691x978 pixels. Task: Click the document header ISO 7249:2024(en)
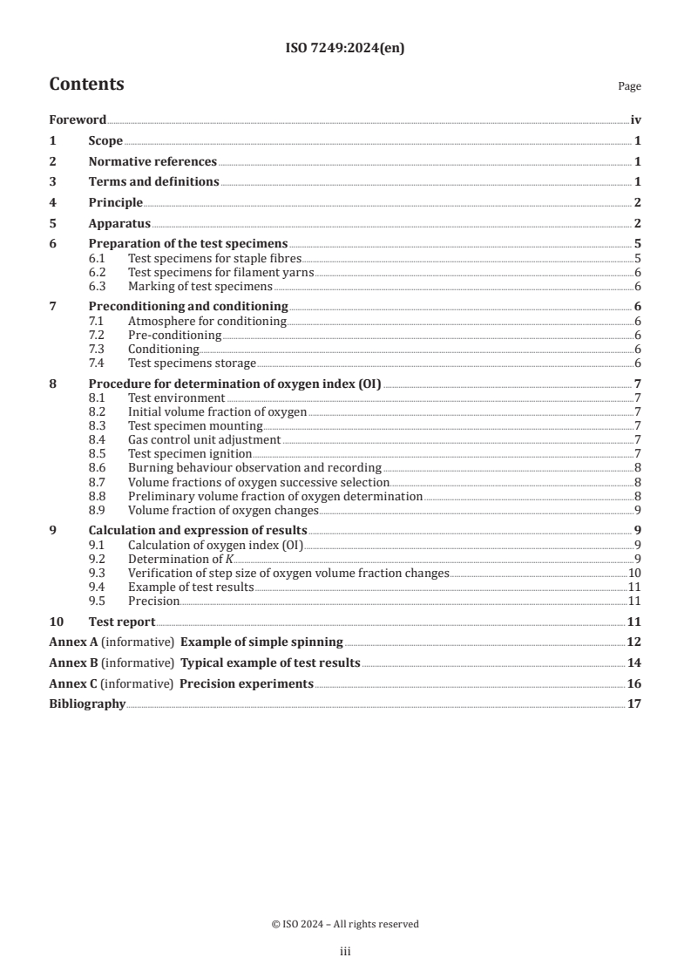(345, 49)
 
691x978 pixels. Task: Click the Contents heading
(86, 85)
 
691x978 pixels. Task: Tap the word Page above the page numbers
(629, 86)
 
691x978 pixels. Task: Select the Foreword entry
(78, 120)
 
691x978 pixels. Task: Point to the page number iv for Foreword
(636, 120)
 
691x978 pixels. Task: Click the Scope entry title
(105, 141)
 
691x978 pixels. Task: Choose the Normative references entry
(152, 161)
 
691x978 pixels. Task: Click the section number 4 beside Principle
(53, 202)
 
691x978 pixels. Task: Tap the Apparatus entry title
(119, 223)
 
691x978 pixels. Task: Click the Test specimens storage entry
(192, 363)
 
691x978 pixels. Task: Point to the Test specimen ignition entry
(189, 453)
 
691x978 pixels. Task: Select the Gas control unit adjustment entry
(204, 439)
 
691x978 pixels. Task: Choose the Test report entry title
(122, 621)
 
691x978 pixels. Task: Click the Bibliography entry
(87, 703)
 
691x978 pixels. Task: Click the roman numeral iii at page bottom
(345, 952)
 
